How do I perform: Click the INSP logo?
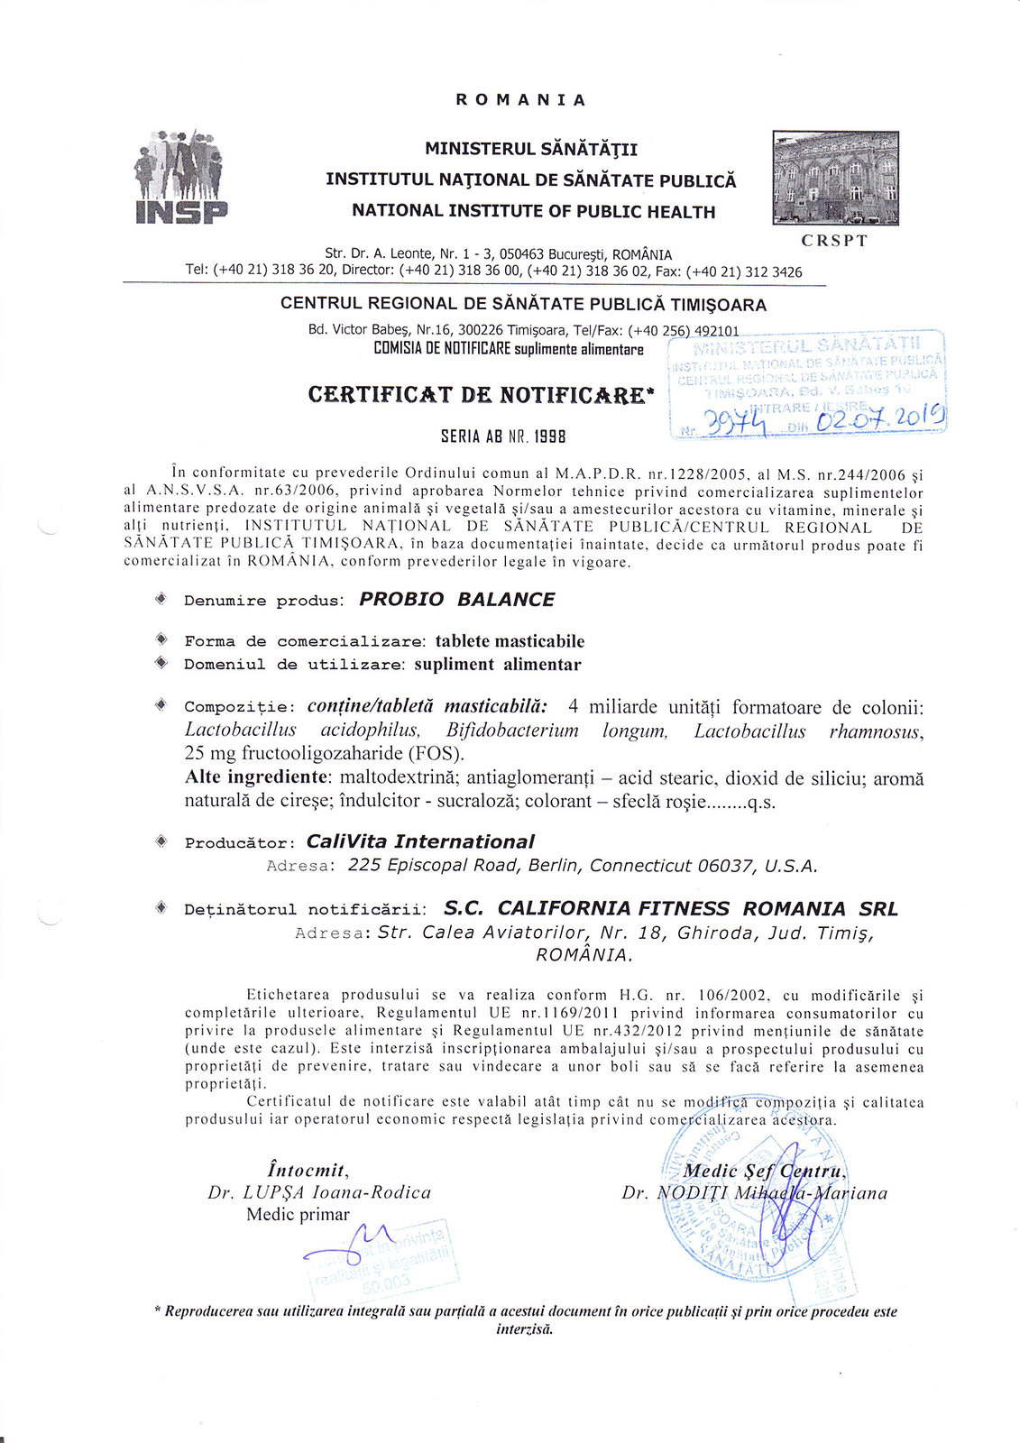tap(180, 178)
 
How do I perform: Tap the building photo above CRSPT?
tap(835, 178)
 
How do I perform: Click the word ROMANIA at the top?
tap(520, 100)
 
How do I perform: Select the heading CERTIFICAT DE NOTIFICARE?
tap(477, 395)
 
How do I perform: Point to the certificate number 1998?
tap(548, 437)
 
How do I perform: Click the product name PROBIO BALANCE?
tap(456, 600)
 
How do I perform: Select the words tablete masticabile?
tap(510, 641)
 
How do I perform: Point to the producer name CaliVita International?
tap(420, 841)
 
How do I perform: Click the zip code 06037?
tap(725, 866)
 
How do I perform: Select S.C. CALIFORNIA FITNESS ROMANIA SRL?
tap(671, 908)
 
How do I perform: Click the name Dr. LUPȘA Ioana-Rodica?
tap(319, 1192)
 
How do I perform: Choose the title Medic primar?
tap(298, 1215)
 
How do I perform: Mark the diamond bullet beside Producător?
tap(161, 841)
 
